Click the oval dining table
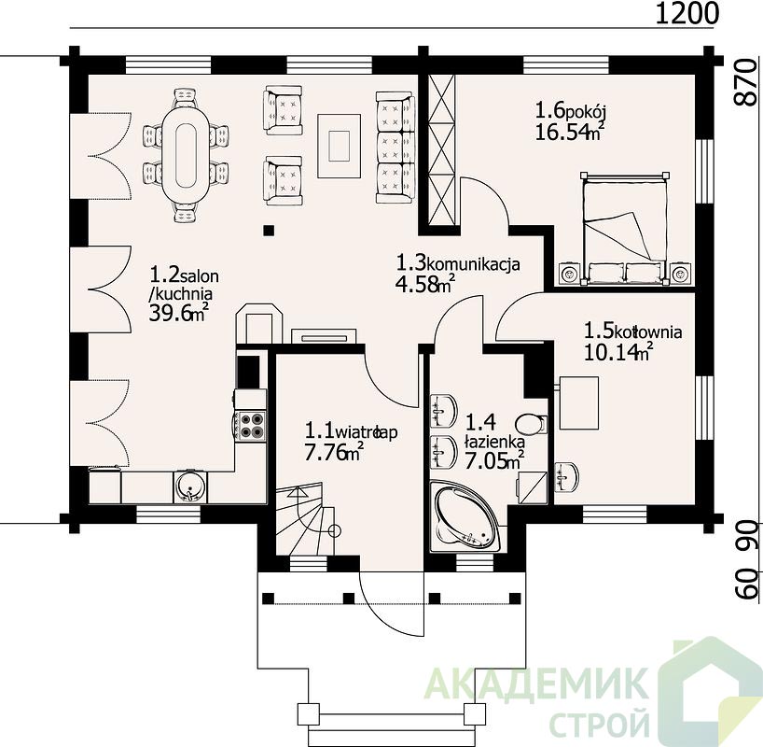point(187,155)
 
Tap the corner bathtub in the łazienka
point(465,516)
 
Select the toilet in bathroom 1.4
point(531,424)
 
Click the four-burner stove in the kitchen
point(251,425)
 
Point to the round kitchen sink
point(189,486)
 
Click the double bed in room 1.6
point(625,229)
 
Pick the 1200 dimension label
point(687,14)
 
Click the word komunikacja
point(473,264)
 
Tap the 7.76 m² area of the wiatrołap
point(335,452)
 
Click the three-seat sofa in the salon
point(395,148)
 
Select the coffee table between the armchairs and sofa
point(340,146)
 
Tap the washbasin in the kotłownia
point(567,476)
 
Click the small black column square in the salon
point(269,230)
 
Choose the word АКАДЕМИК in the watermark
point(536,684)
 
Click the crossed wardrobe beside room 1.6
point(441,150)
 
